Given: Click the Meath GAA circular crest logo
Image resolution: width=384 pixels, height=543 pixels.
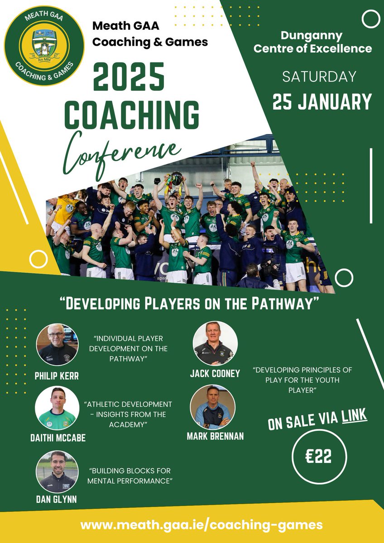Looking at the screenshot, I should tap(44, 45).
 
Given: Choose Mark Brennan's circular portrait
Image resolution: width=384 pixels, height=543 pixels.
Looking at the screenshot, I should tap(212, 407).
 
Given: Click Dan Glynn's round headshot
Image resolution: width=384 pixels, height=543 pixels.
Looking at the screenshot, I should tap(57, 471).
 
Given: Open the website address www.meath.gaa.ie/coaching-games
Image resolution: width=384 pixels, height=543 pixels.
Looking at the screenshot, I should tap(202, 525).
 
